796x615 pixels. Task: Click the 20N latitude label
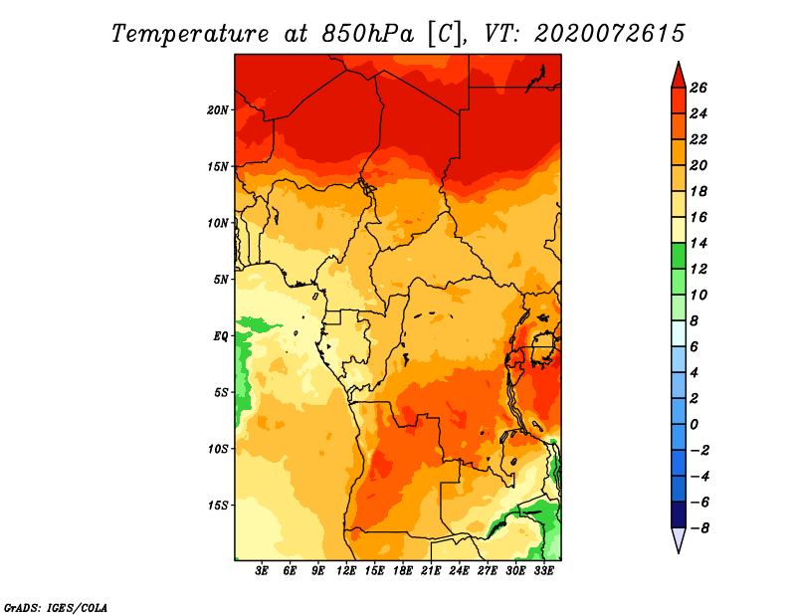coord(218,110)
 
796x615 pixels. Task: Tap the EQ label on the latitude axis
coord(220,336)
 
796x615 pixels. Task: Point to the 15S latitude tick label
coord(218,506)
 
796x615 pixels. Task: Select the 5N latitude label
coord(221,280)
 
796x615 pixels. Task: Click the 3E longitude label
coord(262,570)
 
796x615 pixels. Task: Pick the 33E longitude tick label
coord(543,570)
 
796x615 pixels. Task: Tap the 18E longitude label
coord(403,570)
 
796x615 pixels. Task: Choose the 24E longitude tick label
coord(459,570)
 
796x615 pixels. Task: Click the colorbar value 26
coord(698,88)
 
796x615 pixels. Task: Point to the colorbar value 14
coord(698,243)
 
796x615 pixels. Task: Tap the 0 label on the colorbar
coord(694,424)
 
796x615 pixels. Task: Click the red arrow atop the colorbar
coord(679,77)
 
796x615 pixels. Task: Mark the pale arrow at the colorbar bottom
coord(679,538)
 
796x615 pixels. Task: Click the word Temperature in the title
coord(190,34)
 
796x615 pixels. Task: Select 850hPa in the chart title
coord(367,34)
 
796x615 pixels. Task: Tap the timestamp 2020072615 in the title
coord(610,34)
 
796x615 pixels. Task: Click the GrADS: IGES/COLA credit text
coord(56,607)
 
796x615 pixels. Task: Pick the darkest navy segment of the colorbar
coord(679,514)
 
